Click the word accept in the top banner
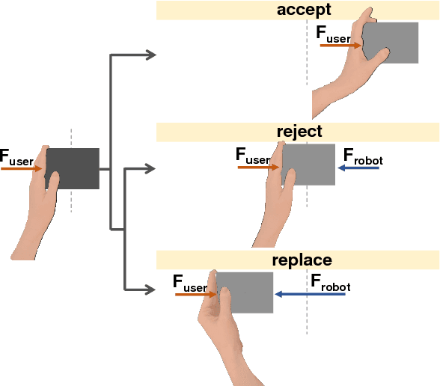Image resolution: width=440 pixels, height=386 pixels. click(304, 10)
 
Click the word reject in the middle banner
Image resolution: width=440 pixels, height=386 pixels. click(299, 132)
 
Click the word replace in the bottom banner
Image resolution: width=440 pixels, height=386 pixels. click(302, 260)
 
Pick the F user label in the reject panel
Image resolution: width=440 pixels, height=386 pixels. click(252, 156)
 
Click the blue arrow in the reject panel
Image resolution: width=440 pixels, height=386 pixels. click(358, 168)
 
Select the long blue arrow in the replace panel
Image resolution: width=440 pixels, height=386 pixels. click(310, 295)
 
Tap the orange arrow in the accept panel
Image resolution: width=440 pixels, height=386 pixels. click(340, 46)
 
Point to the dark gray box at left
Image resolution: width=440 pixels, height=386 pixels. click(76, 168)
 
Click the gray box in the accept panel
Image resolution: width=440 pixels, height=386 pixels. click(394, 43)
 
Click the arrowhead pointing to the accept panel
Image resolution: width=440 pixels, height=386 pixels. click(150, 55)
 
